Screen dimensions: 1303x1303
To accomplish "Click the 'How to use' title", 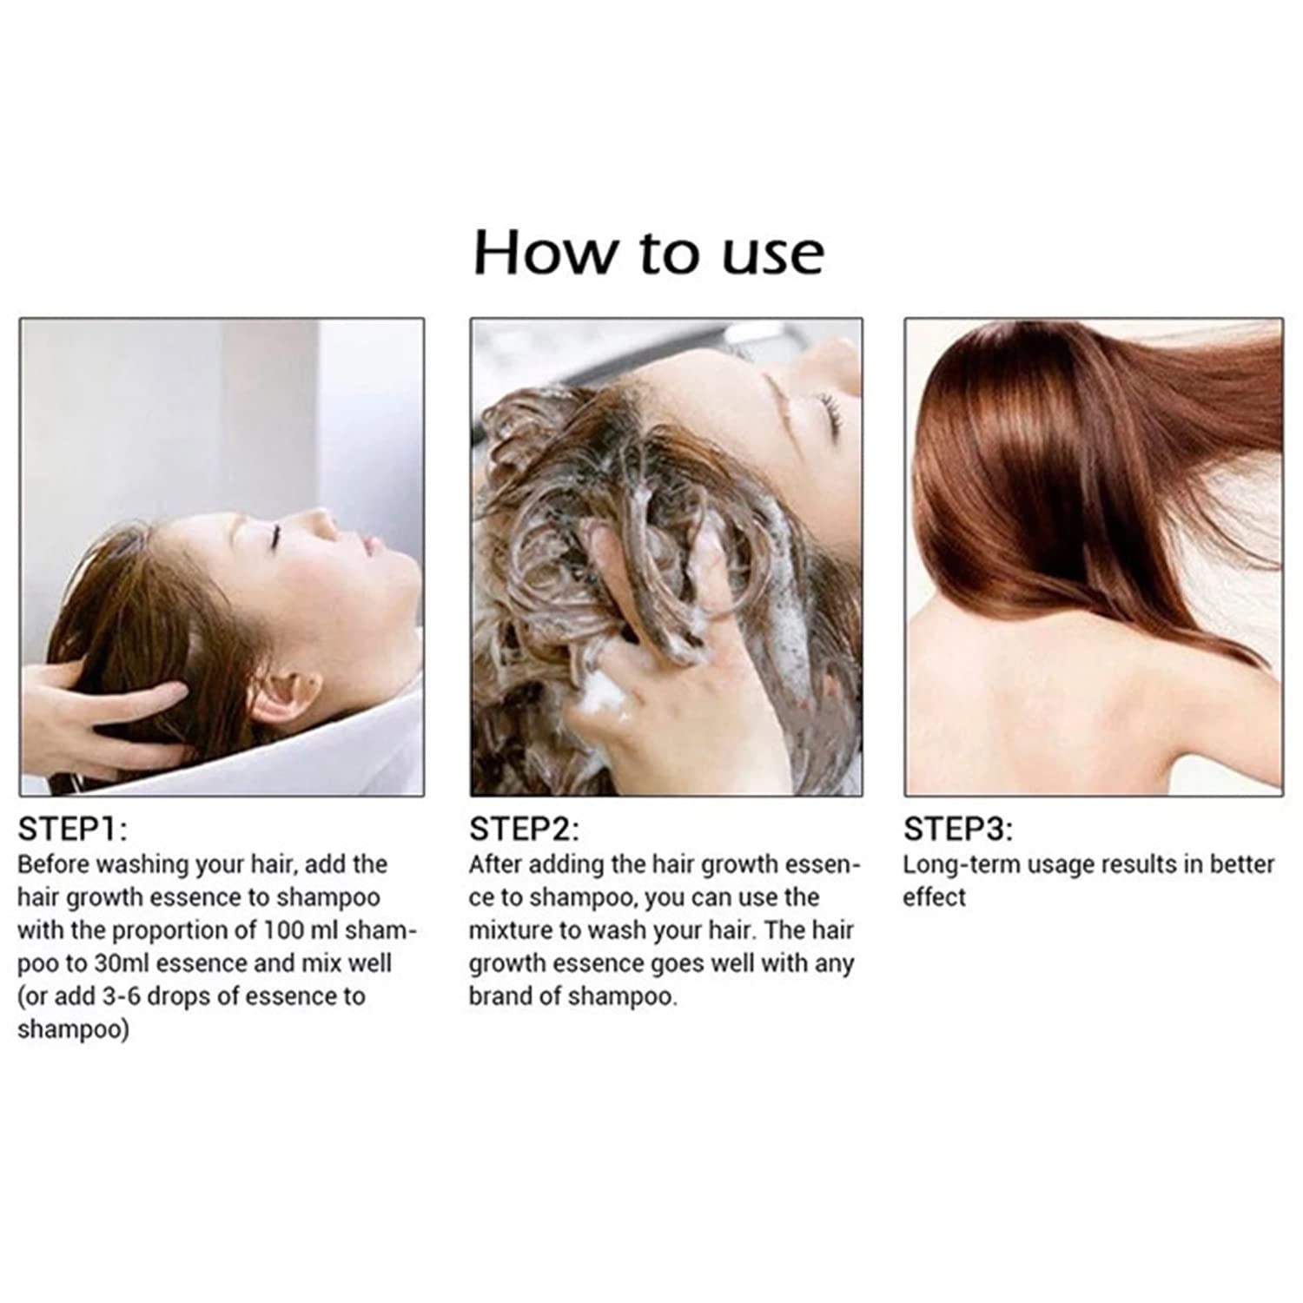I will [648, 253].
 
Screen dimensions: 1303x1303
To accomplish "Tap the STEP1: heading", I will [72, 830].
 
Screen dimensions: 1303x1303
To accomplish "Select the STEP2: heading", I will [524, 830].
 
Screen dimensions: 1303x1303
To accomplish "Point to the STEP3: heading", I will [958, 830].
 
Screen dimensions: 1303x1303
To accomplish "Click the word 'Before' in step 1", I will [53, 865].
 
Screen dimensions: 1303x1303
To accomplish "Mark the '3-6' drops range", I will [121, 996].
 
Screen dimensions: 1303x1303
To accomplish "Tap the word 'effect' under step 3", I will [934, 897].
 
